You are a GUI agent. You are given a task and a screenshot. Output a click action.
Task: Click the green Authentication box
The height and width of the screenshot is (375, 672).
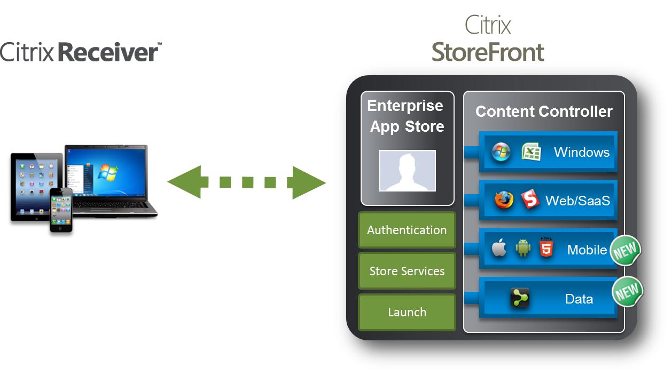[x=407, y=230]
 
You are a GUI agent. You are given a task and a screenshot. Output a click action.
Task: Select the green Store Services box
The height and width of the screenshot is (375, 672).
[x=407, y=271]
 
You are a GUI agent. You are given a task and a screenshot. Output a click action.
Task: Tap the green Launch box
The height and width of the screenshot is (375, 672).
[x=407, y=312]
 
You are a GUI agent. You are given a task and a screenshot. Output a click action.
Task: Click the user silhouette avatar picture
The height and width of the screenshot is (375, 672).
[x=408, y=170]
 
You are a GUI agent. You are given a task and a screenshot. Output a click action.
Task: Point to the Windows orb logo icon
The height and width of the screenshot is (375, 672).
[x=501, y=152]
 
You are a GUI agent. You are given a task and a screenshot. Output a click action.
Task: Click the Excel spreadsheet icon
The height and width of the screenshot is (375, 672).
[x=532, y=151]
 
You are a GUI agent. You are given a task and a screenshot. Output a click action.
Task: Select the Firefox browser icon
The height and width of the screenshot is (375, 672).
[x=504, y=200]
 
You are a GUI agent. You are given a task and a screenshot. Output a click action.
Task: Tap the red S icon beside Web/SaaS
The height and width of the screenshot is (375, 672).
[x=530, y=198]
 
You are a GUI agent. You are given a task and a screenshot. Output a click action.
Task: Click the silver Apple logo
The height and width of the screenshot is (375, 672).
[x=499, y=248]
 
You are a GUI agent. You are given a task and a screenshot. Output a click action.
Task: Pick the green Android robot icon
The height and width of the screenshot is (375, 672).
[x=523, y=248]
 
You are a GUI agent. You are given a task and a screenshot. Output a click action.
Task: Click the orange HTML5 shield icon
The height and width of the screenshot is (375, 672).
[x=546, y=247]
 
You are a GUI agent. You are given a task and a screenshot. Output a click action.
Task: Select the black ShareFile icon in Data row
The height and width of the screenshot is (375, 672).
[x=520, y=298]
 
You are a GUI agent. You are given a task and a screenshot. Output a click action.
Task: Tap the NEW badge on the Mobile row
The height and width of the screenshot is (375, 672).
[x=626, y=250]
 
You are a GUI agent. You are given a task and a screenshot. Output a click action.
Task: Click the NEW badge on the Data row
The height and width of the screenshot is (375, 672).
[x=627, y=291]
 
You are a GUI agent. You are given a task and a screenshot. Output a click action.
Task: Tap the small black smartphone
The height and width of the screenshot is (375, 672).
[x=61, y=210]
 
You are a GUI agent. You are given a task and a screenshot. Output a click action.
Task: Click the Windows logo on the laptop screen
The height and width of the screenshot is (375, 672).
[x=108, y=172]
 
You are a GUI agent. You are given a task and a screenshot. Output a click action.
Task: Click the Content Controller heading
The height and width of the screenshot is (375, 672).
[x=544, y=111]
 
